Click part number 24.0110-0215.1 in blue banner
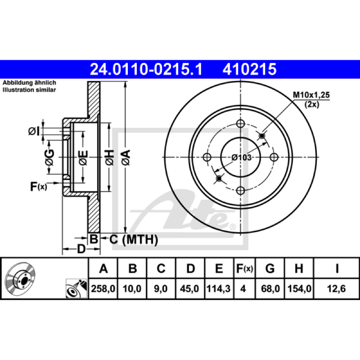pos(146,69)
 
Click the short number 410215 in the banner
pos(249,69)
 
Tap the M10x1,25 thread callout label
pos(311,95)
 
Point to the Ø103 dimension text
pos(242,157)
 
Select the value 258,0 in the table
pos(103,288)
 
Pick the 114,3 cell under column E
pos(219,288)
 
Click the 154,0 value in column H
pos(299,288)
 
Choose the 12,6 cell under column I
pos(336,288)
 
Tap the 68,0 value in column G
pos(270,288)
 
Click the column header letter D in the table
pos(190,268)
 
